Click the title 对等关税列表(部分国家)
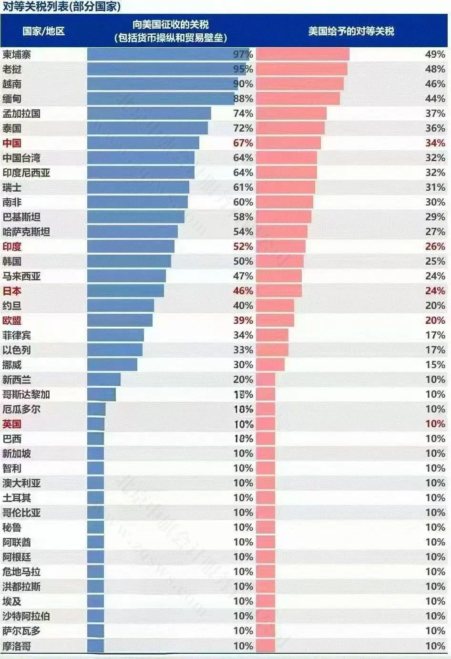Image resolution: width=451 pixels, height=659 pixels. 61,6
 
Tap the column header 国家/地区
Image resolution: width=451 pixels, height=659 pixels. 43,31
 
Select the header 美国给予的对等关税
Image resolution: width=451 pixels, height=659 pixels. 351,31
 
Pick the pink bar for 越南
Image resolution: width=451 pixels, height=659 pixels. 299,84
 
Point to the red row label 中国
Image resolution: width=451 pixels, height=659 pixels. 12,143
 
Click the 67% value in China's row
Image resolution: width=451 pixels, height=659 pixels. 243,143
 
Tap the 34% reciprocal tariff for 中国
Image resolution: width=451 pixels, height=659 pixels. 435,143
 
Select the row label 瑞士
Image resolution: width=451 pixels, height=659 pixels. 12,187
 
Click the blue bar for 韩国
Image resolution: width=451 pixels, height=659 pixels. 129,261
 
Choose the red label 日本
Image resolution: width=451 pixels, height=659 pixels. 12,291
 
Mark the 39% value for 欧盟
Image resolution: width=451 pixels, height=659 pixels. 243,320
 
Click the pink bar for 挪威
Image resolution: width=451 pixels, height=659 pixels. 270,365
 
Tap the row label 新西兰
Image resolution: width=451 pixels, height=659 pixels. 17,380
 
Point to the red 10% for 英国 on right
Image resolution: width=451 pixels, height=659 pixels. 435,424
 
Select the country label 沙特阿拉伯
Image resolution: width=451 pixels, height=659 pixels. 26,616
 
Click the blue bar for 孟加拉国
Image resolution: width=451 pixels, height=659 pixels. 149,113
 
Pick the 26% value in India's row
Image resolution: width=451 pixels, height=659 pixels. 435,247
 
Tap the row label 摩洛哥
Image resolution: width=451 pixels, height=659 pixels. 17,646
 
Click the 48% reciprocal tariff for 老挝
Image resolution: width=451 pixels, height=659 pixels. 435,69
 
